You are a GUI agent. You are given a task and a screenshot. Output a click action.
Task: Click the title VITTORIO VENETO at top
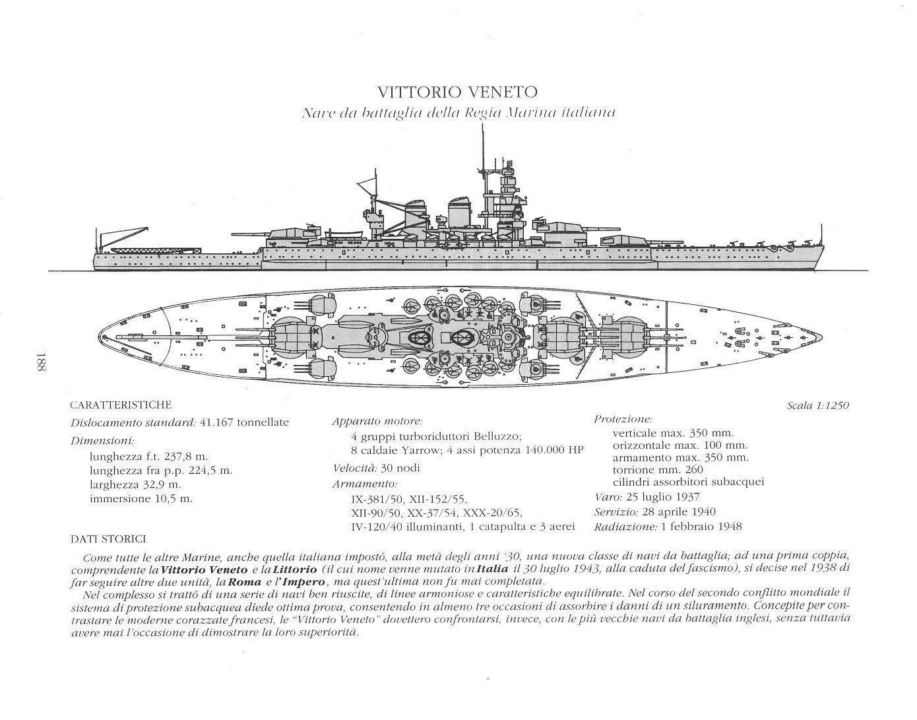tap(457, 92)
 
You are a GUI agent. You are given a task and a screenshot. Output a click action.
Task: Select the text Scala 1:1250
tap(817, 405)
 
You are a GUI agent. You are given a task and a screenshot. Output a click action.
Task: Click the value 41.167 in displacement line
tap(217, 422)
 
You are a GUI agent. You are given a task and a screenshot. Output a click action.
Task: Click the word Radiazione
tap(624, 527)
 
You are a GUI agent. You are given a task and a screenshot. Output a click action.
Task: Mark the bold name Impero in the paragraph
tap(306, 581)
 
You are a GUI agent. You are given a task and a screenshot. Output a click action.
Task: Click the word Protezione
tap(623, 419)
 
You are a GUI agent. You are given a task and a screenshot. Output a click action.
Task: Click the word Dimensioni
tap(102, 440)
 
